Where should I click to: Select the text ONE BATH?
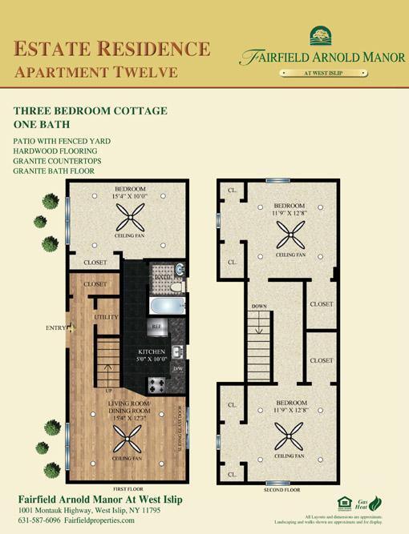(42, 124)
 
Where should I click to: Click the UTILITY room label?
(107, 318)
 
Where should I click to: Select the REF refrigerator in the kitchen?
(156, 326)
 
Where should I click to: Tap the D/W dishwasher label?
(178, 368)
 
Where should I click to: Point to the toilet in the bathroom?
(176, 285)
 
